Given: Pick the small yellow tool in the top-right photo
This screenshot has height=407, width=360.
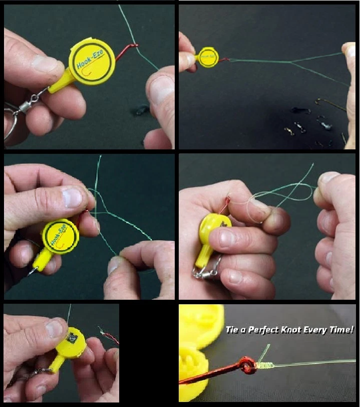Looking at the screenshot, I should (207, 57).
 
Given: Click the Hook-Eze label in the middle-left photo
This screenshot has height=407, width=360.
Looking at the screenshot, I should (60, 235).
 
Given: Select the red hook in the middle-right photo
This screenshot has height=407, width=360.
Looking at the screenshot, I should (227, 203).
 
